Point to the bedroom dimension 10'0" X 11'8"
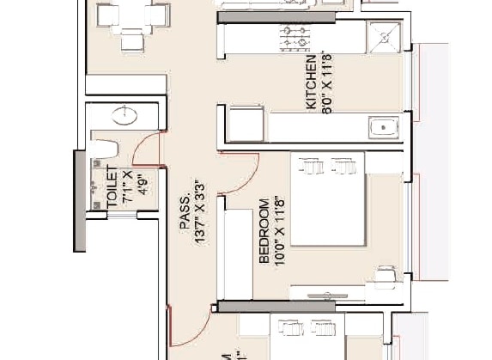(x=278, y=229)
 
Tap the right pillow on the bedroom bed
(x=342, y=165)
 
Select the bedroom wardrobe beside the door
(x=234, y=253)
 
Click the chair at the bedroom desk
(x=386, y=275)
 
